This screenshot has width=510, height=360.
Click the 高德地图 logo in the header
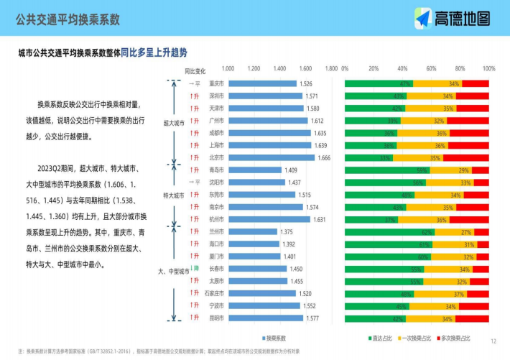[453, 19]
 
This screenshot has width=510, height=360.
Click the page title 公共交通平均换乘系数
[68, 19]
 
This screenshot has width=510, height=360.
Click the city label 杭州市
[216, 218]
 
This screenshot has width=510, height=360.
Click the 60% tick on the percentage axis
[431, 69]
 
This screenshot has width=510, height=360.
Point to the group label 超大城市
[174, 123]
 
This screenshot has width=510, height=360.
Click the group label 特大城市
[174, 195]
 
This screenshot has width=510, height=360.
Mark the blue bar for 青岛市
[255, 170]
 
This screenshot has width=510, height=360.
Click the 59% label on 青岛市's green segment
[422, 170]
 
